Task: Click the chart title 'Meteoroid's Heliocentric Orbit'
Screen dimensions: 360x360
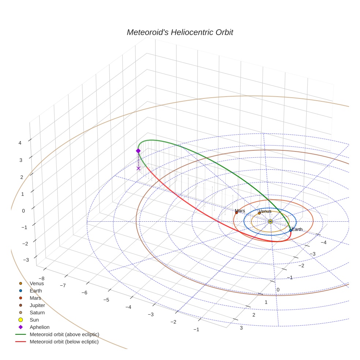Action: [x=180, y=32]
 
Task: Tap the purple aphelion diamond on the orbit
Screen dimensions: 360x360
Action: [x=138, y=151]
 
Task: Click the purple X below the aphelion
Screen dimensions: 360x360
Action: [x=138, y=168]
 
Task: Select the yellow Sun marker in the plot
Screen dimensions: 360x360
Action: [x=270, y=221]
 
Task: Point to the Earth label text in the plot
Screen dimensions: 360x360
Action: [x=297, y=229]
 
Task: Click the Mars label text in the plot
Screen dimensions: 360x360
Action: [x=240, y=211]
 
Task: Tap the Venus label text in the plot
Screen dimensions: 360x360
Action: [x=265, y=211]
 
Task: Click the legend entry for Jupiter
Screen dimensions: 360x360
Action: [x=37, y=305]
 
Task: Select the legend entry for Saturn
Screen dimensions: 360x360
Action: [x=37, y=312]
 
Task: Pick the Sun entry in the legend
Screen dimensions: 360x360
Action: [x=34, y=320]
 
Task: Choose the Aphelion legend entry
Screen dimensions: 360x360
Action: [x=39, y=327]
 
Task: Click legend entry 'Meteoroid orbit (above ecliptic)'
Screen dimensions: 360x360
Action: [x=64, y=334]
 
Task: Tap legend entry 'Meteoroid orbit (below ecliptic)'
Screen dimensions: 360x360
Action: [x=64, y=342]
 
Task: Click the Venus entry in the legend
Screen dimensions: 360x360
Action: [x=37, y=283]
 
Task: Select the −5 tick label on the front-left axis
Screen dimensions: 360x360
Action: [x=106, y=300]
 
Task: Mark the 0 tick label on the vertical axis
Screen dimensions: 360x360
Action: [x=23, y=211]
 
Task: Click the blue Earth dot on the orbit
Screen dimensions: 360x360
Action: [x=290, y=230]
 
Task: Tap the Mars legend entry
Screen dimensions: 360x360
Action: [x=35, y=298]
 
